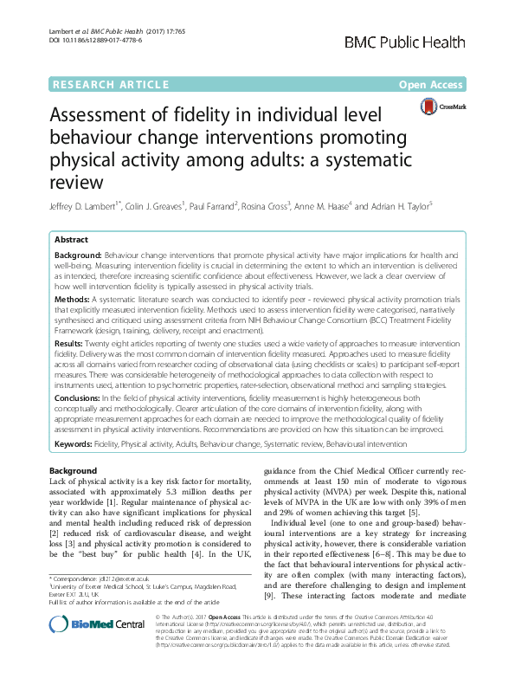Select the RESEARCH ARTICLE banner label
click(x=111, y=85)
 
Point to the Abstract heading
click(x=72, y=240)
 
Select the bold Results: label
click(x=72, y=343)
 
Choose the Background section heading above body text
click(x=74, y=469)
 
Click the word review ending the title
click(x=76, y=182)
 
